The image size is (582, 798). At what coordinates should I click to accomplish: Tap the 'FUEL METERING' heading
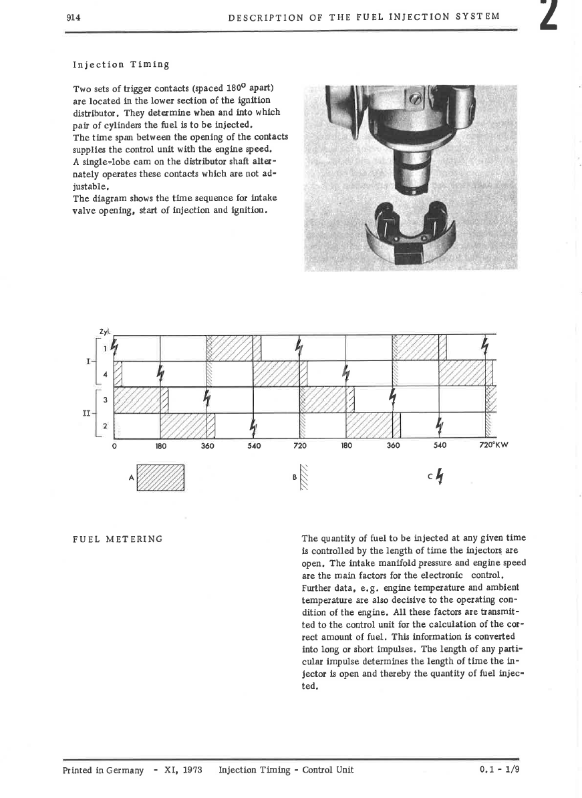tap(117, 539)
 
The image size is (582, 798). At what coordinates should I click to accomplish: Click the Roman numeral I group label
tap(88, 362)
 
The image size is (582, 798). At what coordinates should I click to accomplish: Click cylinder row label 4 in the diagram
tap(105, 374)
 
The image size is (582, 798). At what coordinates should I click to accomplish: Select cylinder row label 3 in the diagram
tap(105, 400)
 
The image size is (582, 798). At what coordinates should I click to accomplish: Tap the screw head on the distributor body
tap(416, 100)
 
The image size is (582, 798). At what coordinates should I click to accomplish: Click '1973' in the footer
tap(192, 769)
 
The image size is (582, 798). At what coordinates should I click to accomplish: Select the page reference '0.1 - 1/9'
tap(499, 769)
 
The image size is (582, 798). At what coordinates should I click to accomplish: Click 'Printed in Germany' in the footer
tap(103, 769)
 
